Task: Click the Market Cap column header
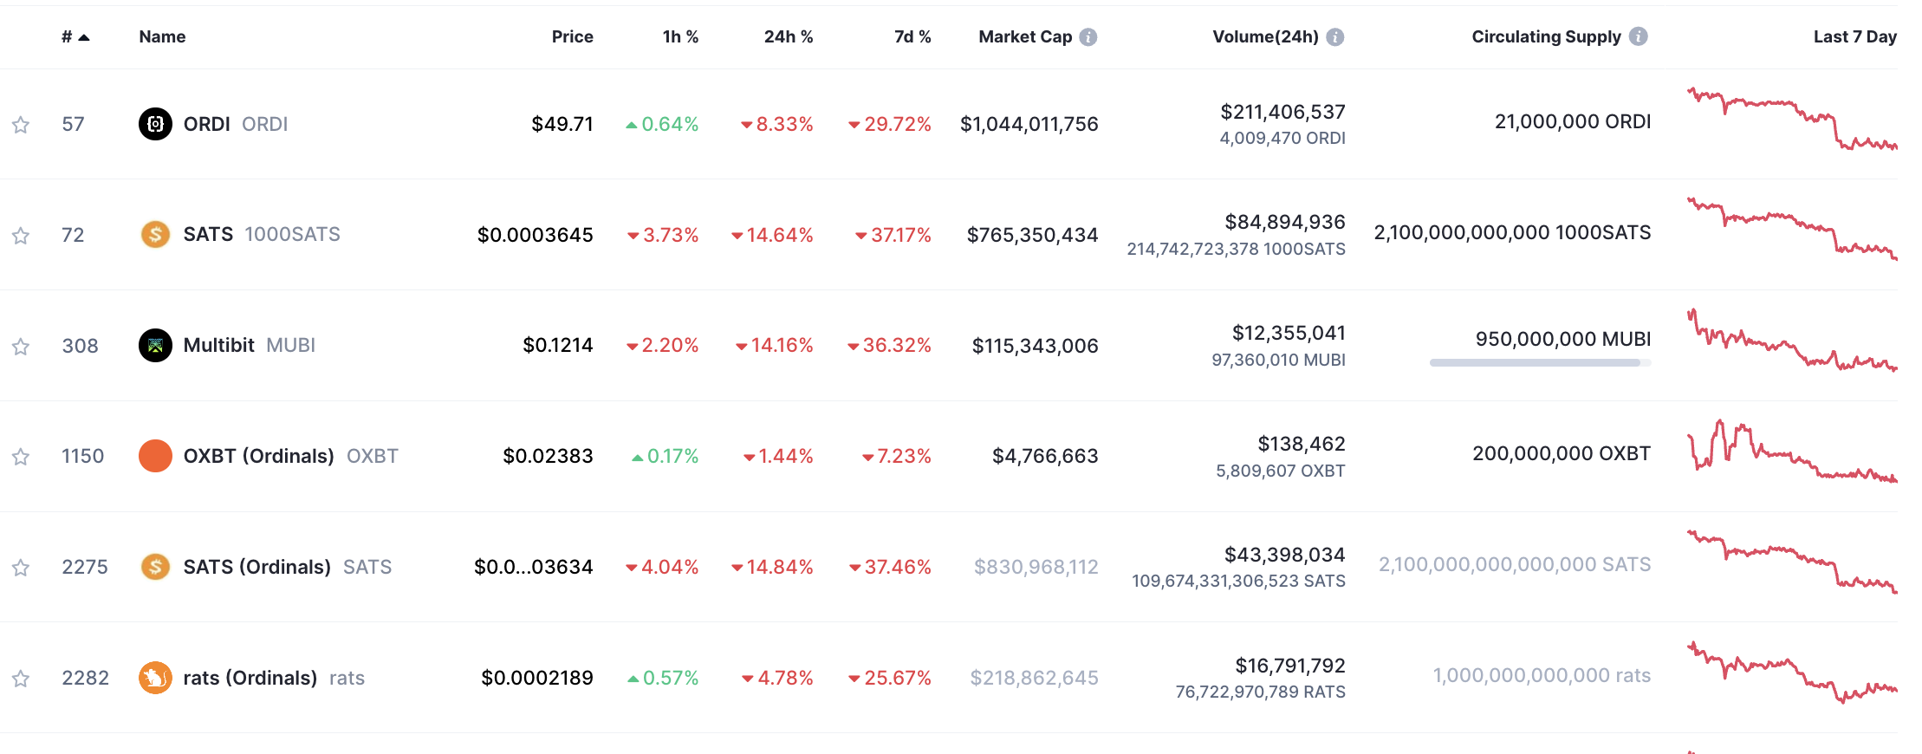pos(1025,36)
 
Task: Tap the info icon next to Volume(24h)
pos(1335,37)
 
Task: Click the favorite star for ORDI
pos(21,125)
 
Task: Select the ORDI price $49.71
pos(562,124)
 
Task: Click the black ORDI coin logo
pos(155,124)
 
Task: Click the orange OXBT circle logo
pos(155,456)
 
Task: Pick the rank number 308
pos(81,346)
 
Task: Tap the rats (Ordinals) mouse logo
pos(155,678)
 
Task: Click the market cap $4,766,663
pos(1045,456)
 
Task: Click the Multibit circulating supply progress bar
pos(1540,362)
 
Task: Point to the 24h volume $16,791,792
pos(1290,666)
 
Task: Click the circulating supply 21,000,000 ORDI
pos(1573,121)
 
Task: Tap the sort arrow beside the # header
pos(84,37)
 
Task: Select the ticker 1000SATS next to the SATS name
pos(293,234)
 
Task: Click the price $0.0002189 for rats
pos(537,678)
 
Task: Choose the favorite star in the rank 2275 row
pos(21,568)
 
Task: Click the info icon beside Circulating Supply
pos(1638,36)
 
